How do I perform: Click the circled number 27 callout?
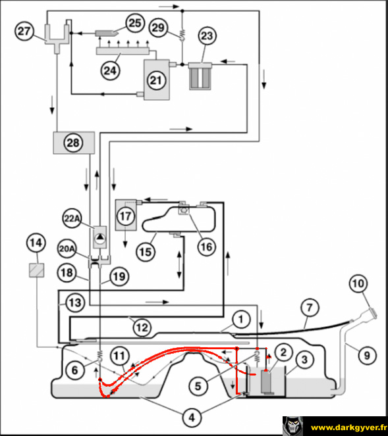click(24, 31)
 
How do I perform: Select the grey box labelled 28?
click(74, 143)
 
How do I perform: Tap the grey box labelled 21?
click(157, 80)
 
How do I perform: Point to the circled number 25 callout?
click(135, 23)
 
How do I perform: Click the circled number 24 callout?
click(110, 70)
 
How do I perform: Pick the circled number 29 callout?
click(159, 28)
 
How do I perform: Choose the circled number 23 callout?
click(207, 36)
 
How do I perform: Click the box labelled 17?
click(126, 215)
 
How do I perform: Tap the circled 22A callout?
click(72, 218)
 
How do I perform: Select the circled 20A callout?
click(67, 249)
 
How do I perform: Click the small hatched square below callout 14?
click(37, 270)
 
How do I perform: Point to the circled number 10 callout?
click(358, 283)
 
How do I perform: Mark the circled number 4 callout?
click(192, 417)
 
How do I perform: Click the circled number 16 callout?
click(207, 247)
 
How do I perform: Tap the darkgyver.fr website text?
click(348, 427)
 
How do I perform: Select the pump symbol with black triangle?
click(100, 237)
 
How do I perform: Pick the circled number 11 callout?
click(120, 356)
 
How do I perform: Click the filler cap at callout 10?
click(372, 312)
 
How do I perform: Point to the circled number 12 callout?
click(142, 327)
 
